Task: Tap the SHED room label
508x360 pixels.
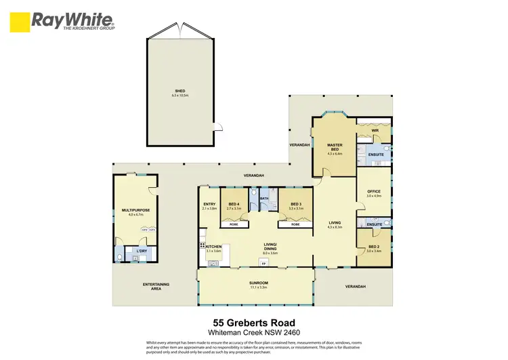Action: [180, 90]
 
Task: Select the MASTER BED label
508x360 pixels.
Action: [335, 147]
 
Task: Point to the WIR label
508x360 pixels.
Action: [373, 131]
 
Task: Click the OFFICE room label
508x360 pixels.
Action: [374, 191]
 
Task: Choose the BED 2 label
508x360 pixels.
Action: [374, 247]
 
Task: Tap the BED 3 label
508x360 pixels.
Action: [295, 204]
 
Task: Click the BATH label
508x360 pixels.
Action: [264, 199]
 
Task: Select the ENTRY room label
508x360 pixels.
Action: [209, 204]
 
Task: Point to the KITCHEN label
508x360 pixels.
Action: [214, 246]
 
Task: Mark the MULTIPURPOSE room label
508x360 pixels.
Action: [135, 210]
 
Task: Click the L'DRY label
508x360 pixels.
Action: [141, 252]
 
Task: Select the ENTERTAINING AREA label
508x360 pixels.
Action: [155, 286]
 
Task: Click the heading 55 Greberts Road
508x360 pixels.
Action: [253, 323]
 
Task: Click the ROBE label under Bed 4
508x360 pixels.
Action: [234, 224]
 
